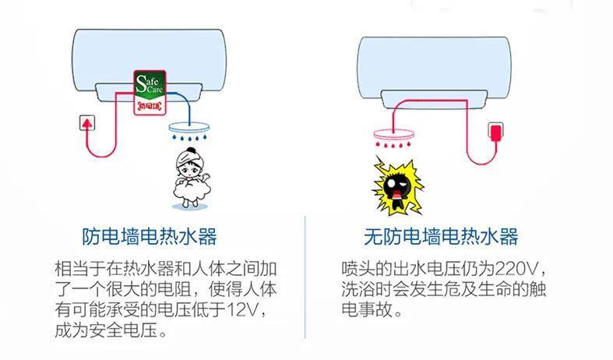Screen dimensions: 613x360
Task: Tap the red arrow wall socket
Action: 86,123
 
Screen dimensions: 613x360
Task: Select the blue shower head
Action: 189,128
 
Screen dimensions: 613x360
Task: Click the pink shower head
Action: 393,134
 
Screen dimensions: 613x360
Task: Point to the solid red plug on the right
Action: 495,132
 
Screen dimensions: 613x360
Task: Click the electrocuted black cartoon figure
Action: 397,186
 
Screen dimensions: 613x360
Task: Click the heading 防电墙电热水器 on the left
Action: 149,236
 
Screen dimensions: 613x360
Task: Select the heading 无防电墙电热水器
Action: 441,236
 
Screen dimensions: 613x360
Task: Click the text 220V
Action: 516,269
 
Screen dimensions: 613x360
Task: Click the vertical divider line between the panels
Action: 305,277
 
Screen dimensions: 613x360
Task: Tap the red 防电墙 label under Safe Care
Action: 150,106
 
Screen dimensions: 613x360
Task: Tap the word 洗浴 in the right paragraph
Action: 358,289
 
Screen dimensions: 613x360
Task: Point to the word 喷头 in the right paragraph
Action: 358,269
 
